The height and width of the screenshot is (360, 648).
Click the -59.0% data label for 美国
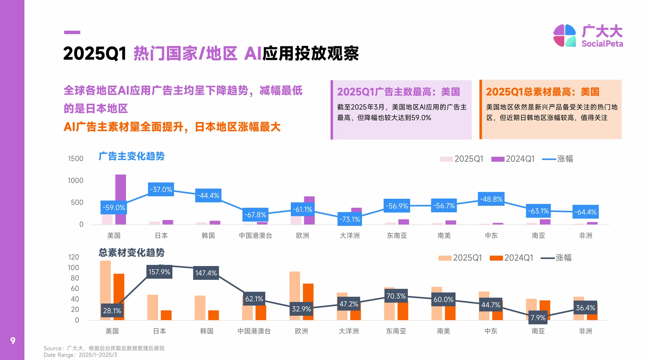click(x=114, y=207)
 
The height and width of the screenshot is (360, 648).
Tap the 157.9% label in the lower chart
click(x=159, y=272)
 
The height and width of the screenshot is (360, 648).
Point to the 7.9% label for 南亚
click(x=538, y=318)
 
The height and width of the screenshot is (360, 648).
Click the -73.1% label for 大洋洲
click(x=350, y=219)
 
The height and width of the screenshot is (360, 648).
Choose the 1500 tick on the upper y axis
click(x=76, y=159)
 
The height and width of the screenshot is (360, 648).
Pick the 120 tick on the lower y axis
click(x=74, y=257)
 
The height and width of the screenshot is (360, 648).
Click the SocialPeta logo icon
click(x=564, y=35)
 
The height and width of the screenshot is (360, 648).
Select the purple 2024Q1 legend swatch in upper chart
click(x=498, y=159)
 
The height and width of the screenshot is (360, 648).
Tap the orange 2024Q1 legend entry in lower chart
click(x=512, y=258)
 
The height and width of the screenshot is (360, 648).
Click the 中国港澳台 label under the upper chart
click(x=255, y=235)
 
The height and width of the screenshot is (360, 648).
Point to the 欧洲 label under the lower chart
click(x=301, y=331)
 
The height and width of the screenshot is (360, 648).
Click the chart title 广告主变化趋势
click(x=131, y=156)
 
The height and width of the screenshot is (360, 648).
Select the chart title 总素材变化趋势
click(x=131, y=252)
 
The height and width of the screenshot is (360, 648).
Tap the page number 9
click(x=13, y=340)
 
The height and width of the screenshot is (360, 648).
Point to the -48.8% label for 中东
click(x=491, y=199)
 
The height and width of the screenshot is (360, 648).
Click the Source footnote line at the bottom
click(x=104, y=348)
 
